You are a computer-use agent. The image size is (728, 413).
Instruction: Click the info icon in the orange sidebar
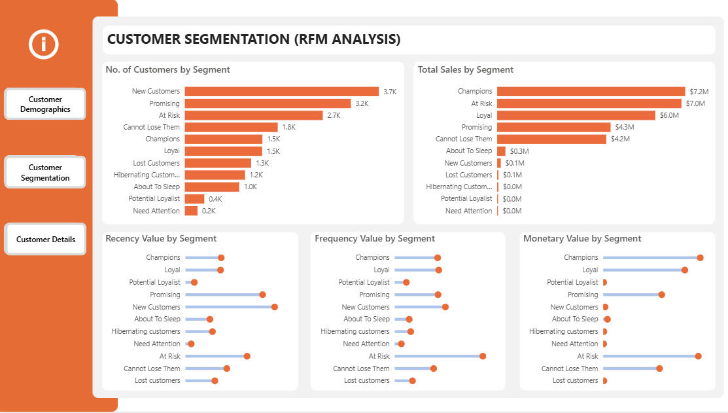click(44, 45)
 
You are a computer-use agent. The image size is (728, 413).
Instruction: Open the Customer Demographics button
click(45, 104)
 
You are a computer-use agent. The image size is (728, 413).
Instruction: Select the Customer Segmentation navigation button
click(45, 172)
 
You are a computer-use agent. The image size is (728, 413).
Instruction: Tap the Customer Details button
click(45, 239)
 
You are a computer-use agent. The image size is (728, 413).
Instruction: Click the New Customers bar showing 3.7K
click(281, 92)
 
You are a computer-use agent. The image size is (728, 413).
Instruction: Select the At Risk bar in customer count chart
click(254, 115)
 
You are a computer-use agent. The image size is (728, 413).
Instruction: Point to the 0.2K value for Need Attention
click(209, 211)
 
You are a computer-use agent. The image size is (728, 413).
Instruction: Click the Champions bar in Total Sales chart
click(591, 92)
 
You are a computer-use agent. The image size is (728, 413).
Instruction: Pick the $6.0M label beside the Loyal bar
click(669, 115)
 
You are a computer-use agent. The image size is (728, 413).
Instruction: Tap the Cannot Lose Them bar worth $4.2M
click(551, 139)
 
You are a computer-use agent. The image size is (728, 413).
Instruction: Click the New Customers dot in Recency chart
click(275, 307)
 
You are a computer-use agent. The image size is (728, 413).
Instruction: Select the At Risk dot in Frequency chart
click(483, 356)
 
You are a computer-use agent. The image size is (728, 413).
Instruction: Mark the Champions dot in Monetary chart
click(700, 258)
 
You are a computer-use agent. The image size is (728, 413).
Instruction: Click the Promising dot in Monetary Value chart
click(662, 295)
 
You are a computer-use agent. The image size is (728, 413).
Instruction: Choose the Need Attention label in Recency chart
click(157, 344)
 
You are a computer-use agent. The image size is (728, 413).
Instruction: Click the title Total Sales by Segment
click(466, 70)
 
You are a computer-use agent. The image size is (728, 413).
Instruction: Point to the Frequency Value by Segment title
click(375, 239)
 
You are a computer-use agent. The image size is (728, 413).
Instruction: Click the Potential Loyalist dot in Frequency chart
click(406, 283)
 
